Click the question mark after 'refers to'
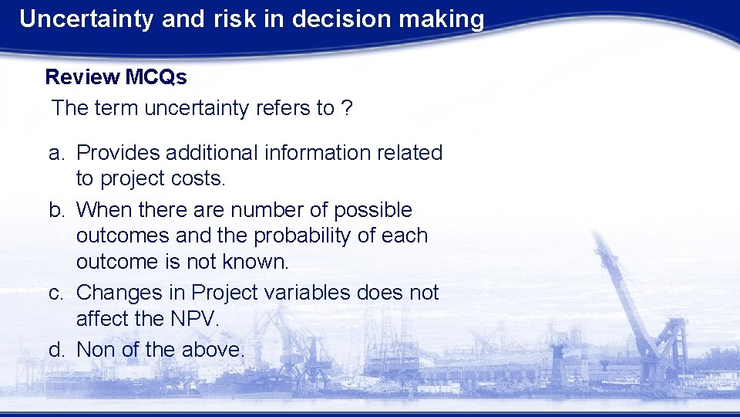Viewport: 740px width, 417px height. coord(347,108)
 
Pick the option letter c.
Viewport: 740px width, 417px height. coord(55,293)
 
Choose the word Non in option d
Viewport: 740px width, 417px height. coord(96,350)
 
